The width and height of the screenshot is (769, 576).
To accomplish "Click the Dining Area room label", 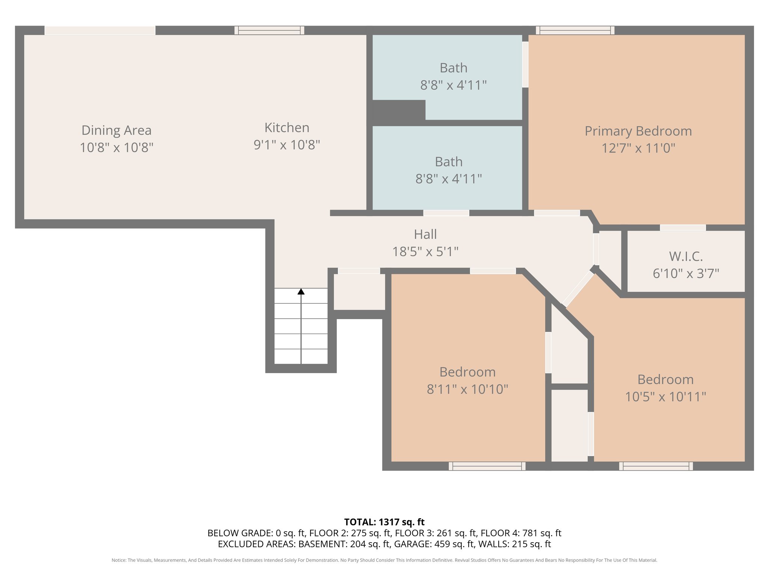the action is tap(116, 130).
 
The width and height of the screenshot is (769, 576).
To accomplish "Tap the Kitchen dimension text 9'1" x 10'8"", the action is tap(287, 145).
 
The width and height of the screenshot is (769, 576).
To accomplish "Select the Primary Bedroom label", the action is tap(638, 131).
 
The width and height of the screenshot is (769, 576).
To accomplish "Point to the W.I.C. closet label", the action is tap(686, 256).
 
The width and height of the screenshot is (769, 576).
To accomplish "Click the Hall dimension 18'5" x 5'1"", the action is tap(425, 252).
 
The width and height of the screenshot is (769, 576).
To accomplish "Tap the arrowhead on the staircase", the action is tap(301, 291).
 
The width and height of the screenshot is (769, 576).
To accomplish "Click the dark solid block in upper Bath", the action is tap(399, 110).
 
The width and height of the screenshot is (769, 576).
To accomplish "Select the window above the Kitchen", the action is tap(269, 30).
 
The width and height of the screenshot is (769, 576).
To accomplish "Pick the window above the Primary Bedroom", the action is tap(575, 30).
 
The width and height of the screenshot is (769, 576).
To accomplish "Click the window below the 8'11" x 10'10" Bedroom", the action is tap(487, 466).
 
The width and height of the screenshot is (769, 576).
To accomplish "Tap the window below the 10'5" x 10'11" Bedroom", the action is tap(656, 466).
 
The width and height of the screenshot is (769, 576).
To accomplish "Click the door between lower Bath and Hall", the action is tap(446, 213).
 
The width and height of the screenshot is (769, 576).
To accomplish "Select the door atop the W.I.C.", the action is tap(683, 228).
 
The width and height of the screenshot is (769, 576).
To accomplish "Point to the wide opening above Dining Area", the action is tap(100, 30).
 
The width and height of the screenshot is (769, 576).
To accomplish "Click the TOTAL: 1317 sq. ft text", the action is tap(384, 522).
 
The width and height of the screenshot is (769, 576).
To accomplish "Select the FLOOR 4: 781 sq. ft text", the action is tap(521, 533).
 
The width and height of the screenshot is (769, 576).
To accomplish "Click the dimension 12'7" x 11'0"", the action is tap(638, 148).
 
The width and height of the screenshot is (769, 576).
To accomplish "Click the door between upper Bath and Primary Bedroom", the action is tap(525, 64).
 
